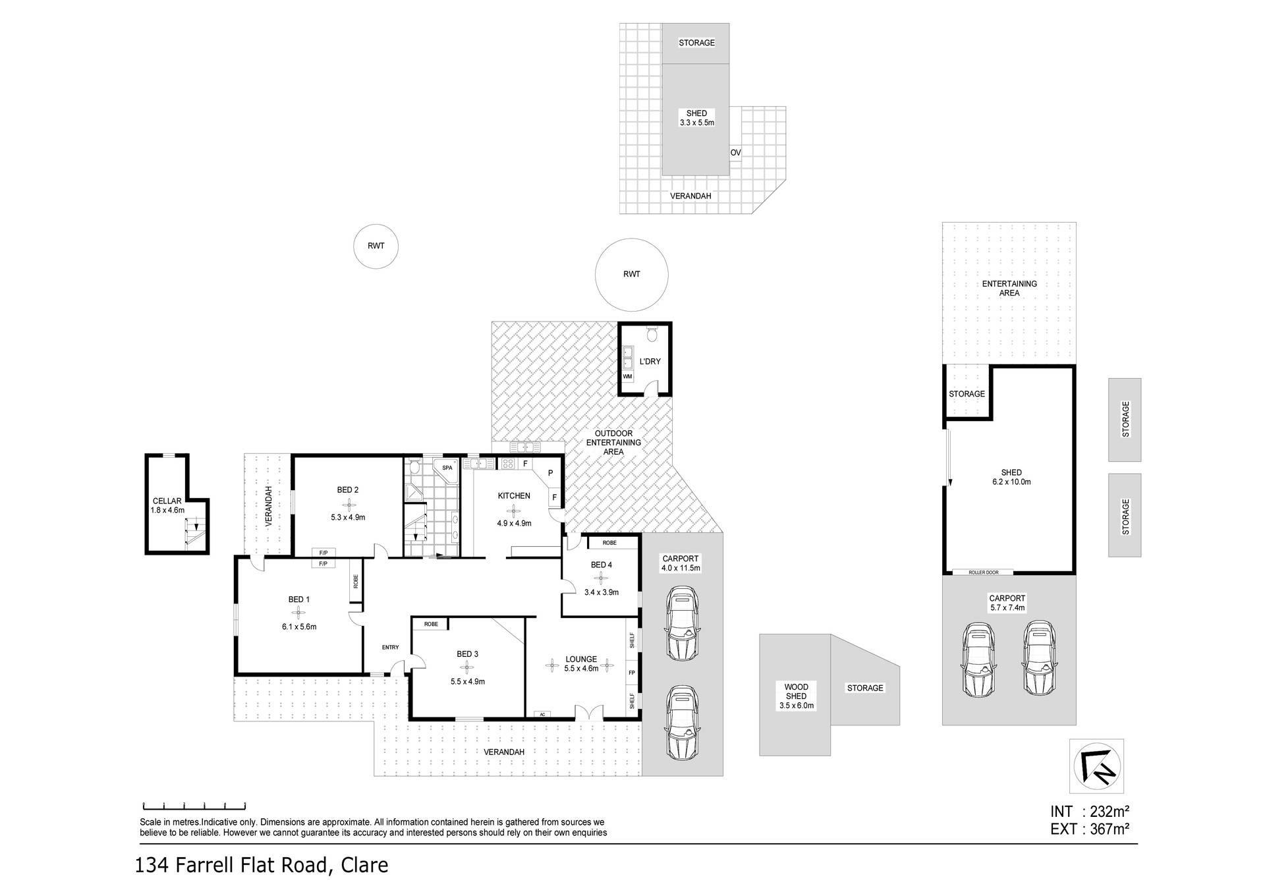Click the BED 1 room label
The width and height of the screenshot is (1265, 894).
pyautogui.click(x=298, y=600)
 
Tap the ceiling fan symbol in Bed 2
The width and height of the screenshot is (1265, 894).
pyautogui.click(x=348, y=503)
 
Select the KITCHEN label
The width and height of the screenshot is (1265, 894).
pyautogui.click(x=514, y=495)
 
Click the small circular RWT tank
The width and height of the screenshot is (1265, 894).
pyautogui.click(x=376, y=246)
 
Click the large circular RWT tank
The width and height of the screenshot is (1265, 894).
pyautogui.click(x=631, y=274)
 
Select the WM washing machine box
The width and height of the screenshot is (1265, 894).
pyautogui.click(x=627, y=376)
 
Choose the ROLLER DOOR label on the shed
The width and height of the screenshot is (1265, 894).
pyautogui.click(x=982, y=572)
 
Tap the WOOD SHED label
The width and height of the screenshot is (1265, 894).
pyautogui.click(x=796, y=691)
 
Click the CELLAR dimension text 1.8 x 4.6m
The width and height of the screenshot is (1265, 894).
pyautogui.click(x=167, y=510)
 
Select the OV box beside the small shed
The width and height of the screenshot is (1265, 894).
pyautogui.click(x=735, y=153)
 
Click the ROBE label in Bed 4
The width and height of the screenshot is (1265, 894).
pyautogui.click(x=609, y=543)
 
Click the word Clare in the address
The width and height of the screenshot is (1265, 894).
pyautogui.click(x=364, y=865)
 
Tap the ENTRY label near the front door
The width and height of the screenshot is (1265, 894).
pyautogui.click(x=390, y=647)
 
